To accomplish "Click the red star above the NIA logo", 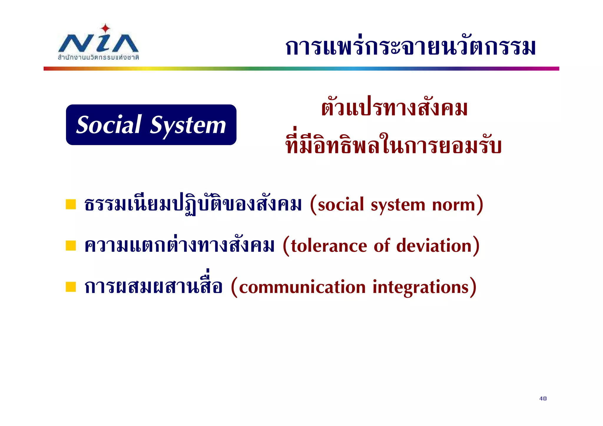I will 105,29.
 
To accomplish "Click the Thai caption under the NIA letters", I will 98,57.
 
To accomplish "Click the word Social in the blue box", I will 109,125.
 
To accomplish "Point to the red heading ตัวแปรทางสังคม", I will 394,108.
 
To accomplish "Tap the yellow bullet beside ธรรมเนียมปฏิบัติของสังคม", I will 71,204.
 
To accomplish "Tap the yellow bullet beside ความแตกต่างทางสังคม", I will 71,245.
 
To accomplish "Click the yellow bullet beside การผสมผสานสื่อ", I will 71,286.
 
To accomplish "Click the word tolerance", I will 329,246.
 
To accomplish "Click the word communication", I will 302,287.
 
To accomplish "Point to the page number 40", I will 543,398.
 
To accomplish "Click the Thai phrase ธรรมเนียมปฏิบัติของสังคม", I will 193,205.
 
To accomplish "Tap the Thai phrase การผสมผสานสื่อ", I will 153,286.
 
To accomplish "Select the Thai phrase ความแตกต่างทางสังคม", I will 179,245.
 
